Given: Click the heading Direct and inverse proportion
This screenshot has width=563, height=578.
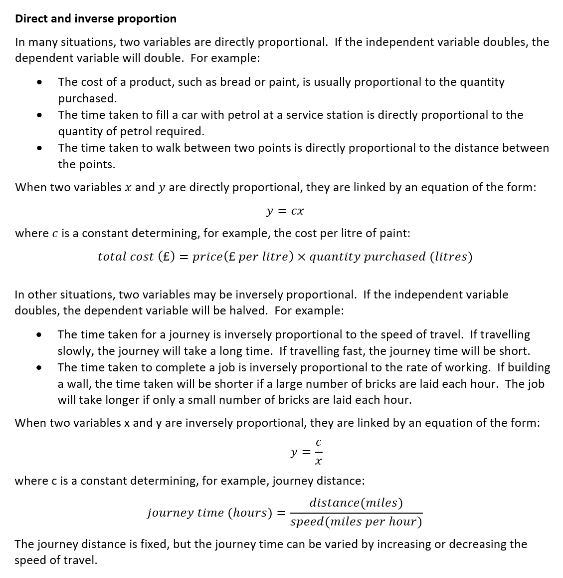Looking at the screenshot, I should click(x=96, y=18).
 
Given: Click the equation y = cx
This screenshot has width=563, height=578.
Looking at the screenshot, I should click(x=285, y=211).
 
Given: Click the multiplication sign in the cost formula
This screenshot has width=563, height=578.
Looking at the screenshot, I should click(x=302, y=257).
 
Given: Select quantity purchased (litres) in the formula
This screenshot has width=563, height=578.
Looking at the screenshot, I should click(x=390, y=257).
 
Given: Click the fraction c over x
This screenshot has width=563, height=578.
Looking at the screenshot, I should click(x=318, y=452).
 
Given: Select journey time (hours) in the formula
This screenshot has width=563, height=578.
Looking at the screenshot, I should click(x=210, y=513).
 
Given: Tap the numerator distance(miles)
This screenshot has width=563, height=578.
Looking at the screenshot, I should click(x=356, y=503).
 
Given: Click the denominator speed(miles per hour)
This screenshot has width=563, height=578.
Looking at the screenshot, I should click(x=356, y=522).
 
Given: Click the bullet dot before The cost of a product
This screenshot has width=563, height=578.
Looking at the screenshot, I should click(x=38, y=82).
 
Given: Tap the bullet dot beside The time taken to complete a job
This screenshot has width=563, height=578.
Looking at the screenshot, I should click(x=38, y=368).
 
